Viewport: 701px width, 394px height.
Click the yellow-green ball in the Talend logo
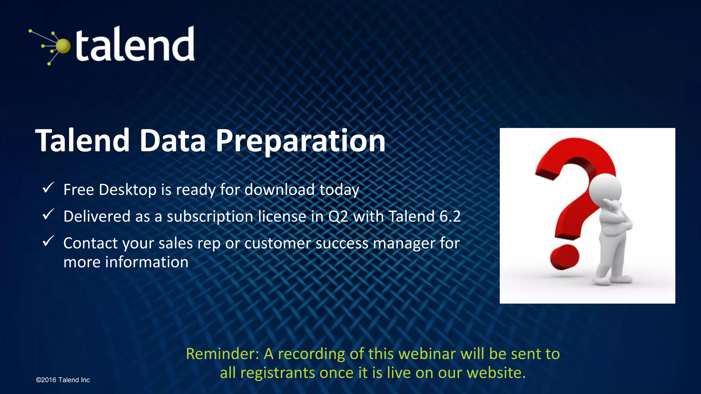click(63, 46)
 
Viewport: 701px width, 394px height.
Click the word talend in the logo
click(135, 44)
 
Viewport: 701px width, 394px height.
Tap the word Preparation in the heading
click(300, 141)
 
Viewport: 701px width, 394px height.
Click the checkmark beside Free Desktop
click(48, 188)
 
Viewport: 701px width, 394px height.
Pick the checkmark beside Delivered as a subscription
click(48, 214)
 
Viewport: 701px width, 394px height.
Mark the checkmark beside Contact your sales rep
click(48, 241)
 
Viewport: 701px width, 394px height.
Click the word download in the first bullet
click(279, 189)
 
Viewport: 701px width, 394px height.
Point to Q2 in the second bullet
click(338, 216)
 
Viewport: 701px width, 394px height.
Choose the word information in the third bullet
click(146, 262)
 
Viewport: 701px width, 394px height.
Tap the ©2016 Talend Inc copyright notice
click(63, 380)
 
